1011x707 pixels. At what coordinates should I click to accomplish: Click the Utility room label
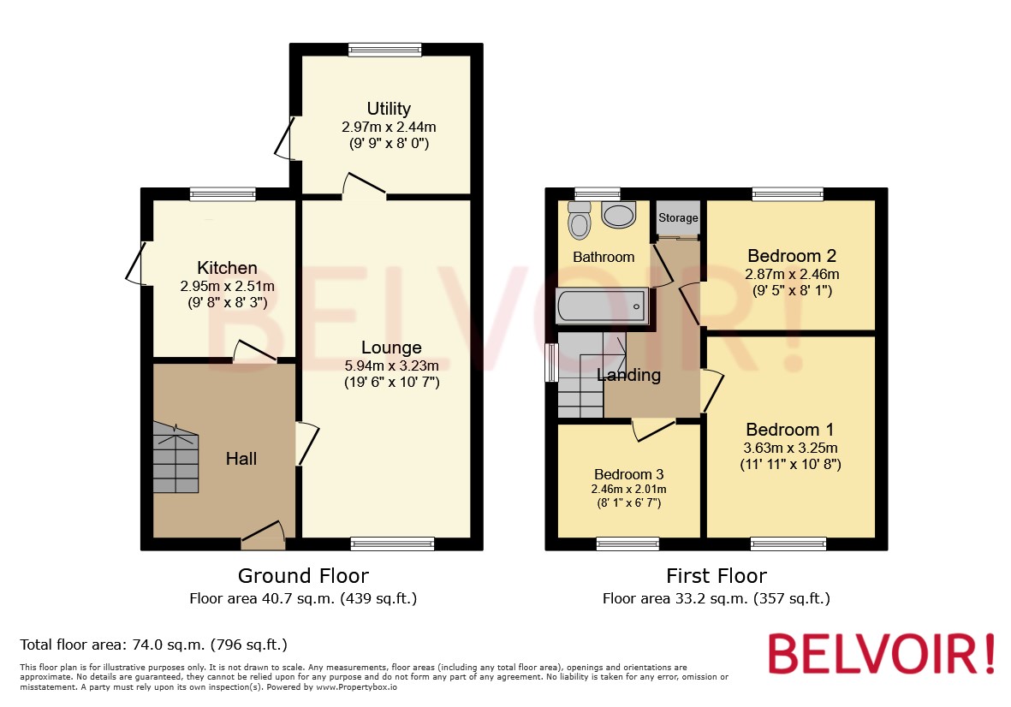(389, 109)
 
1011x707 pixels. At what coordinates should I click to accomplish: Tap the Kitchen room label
(227, 268)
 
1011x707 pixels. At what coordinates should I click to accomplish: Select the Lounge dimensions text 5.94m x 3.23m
(391, 365)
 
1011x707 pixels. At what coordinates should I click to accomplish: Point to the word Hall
(241, 459)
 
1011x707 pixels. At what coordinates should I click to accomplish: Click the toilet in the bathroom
(580, 221)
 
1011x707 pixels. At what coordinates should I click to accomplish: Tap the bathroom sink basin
(619, 214)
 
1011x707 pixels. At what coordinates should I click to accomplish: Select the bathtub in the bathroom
(601, 306)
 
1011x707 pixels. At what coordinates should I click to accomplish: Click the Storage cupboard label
(678, 218)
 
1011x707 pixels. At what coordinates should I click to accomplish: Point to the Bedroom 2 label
(792, 255)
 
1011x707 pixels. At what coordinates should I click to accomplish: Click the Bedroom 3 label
(629, 474)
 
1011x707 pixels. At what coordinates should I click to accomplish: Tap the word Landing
(629, 375)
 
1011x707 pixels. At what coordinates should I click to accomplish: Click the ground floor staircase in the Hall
(175, 458)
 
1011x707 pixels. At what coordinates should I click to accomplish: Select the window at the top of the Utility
(385, 50)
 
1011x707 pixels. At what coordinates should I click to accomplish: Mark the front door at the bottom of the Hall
(263, 537)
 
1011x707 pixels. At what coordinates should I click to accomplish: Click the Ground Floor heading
(303, 576)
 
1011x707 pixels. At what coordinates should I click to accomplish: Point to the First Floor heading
(717, 576)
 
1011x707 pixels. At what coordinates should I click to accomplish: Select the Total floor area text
(153, 645)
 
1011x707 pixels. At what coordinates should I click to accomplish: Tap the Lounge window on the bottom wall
(392, 544)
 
